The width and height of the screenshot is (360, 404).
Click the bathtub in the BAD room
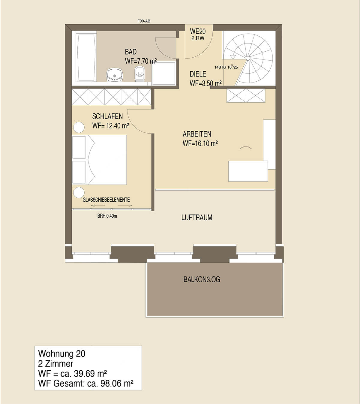coord(86,58)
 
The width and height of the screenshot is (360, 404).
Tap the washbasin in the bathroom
coord(114,75)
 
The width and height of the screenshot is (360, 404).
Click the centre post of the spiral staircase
coord(248,58)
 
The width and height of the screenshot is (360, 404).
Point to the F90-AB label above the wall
coord(144,21)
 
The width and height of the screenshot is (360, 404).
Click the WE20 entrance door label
coord(198,31)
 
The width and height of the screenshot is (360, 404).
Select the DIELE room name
coord(198,74)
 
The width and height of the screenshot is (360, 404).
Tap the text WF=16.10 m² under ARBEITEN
coord(200,143)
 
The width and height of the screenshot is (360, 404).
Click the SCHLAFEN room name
coord(107,116)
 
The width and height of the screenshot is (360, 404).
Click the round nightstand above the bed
coord(79,127)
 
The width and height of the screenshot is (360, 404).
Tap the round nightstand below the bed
coord(79,193)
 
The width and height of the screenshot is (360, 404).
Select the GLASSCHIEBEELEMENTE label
coord(106,200)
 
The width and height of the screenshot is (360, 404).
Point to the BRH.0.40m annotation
coord(107,216)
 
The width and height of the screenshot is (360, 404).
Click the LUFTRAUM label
coord(197,217)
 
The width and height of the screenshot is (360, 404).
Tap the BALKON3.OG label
coord(202,279)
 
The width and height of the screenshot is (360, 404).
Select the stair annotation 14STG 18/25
coord(226,67)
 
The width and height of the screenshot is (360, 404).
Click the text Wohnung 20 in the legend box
coord(61,354)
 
